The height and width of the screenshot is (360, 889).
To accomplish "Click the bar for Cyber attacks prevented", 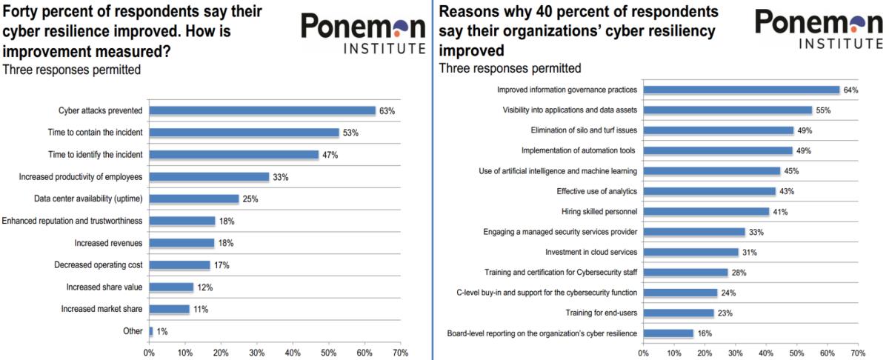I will [x=262, y=110].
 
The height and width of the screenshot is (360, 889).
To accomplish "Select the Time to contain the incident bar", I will [x=244, y=133].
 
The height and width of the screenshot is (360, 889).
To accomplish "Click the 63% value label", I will [x=387, y=110].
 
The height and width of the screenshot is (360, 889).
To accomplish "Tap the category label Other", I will [x=132, y=331].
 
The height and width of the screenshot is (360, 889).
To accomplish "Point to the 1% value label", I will [x=162, y=331].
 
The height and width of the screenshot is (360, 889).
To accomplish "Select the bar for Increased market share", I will [x=169, y=309].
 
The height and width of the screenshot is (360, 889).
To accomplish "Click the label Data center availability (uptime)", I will [x=88, y=199].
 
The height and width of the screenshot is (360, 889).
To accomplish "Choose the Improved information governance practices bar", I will [x=741, y=90].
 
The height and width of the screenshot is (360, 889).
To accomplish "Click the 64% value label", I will [x=851, y=90].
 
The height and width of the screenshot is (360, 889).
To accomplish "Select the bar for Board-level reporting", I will [x=667, y=333].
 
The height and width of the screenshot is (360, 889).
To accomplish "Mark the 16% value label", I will [x=704, y=333].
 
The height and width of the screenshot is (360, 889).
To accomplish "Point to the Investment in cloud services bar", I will [x=690, y=252].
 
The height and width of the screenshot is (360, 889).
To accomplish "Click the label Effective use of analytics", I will [x=597, y=191].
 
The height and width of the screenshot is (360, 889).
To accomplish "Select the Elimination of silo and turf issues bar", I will [x=718, y=130].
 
